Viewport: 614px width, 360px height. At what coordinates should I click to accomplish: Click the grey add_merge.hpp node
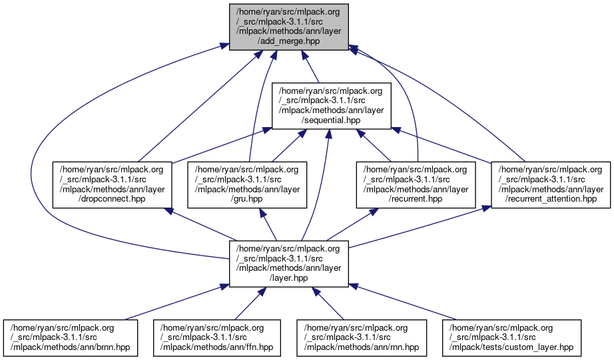(288, 26)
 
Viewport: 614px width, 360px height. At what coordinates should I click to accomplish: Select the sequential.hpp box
(331, 104)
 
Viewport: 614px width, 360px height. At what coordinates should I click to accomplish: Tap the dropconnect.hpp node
(113, 184)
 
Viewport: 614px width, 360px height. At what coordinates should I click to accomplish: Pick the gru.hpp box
(246, 184)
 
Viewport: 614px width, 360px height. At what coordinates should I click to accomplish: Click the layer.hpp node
(288, 264)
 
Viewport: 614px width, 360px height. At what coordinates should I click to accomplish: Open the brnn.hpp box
(71, 337)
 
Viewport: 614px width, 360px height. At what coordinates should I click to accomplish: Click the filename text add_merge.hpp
(288, 41)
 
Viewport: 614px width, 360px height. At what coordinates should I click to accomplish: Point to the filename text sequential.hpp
(331, 120)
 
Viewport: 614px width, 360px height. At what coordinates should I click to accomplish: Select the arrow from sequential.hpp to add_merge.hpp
(318, 73)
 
